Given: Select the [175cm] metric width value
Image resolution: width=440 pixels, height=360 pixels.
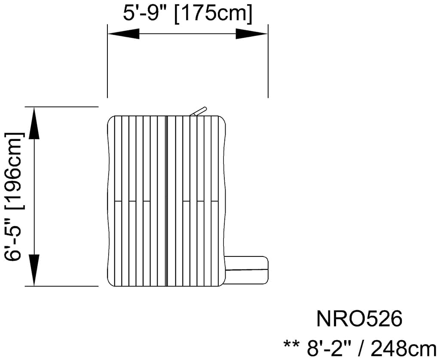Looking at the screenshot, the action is tap(213, 13).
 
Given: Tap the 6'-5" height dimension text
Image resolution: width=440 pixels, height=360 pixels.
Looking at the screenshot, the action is tap(13, 240).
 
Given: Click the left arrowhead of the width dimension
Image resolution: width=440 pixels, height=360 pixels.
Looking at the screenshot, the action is tap(123, 34).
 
